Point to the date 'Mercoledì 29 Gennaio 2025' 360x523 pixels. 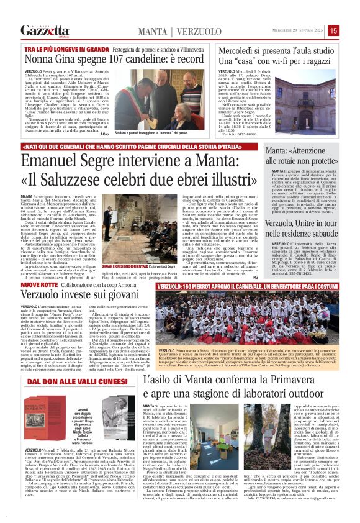click(294, 30)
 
